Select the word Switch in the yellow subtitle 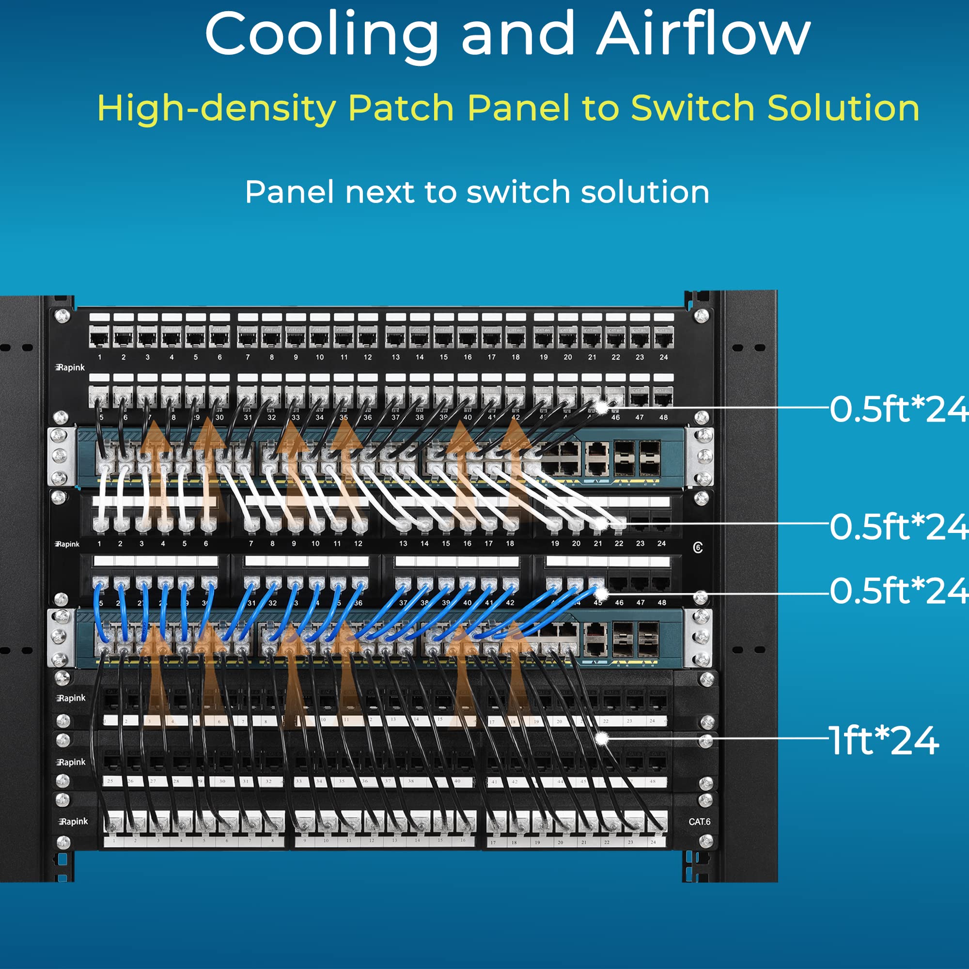coord(693,108)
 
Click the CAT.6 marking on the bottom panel coord(699,822)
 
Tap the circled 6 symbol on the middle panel coord(698,547)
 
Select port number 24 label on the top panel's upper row coord(664,357)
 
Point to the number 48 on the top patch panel coord(663,417)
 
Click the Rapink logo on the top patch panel coord(70,368)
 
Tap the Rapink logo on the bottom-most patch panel coord(73,822)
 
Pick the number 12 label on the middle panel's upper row coord(358,544)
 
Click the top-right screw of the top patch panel coord(701,316)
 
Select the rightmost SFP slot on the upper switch coord(650,458)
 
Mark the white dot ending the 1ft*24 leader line coord(602,739)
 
